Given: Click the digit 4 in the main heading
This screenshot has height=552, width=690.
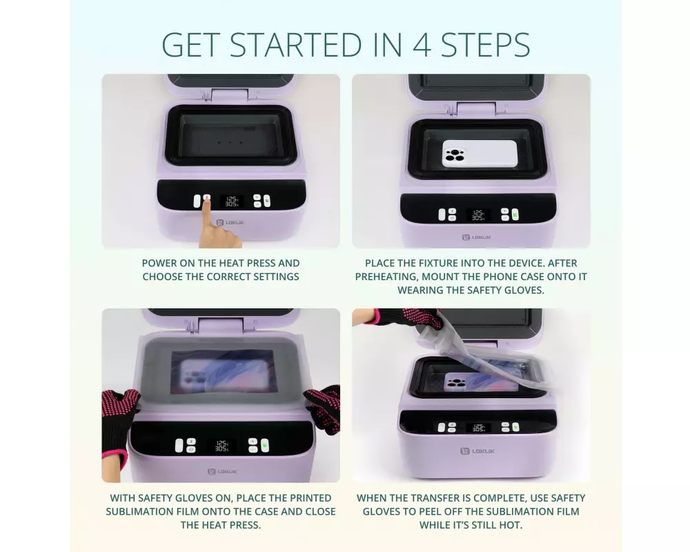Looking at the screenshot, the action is (422, 44).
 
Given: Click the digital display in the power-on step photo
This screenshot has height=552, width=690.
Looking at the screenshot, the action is (231, 201).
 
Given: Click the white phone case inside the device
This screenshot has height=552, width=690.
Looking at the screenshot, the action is (480, 154).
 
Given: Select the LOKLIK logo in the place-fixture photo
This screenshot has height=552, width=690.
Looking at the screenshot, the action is (477, 237).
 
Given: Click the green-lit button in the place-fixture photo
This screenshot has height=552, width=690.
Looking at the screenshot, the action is (515, 215).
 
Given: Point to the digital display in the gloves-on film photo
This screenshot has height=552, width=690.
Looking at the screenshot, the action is (221, 446).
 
